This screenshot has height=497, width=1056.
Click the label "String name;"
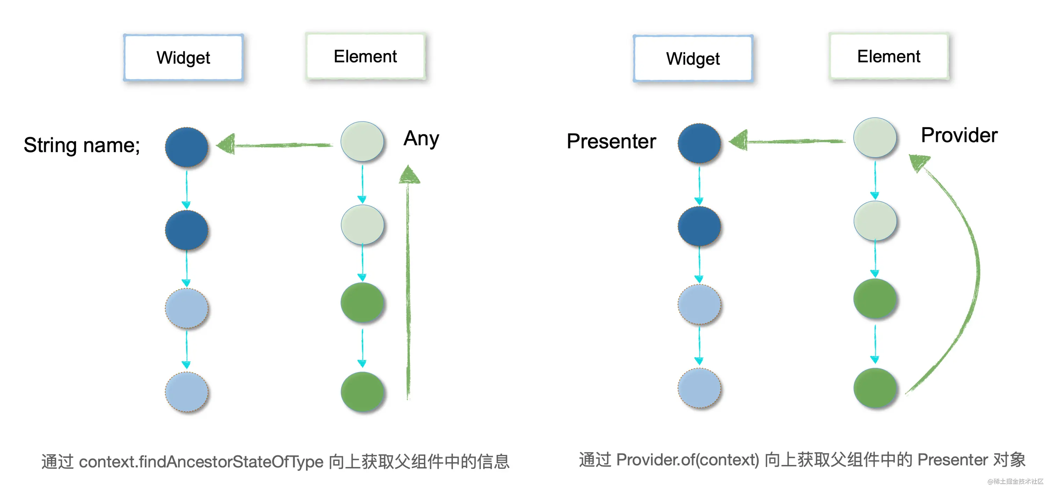point(82,145)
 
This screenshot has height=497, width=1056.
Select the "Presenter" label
point(611,142)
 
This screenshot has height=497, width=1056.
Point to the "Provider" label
point(959,136)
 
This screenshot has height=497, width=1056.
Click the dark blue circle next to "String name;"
point(186,147)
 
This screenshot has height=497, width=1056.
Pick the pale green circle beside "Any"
point(362,141)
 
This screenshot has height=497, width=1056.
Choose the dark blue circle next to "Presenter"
point(699,143)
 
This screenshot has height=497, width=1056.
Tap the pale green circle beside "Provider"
point(875,137)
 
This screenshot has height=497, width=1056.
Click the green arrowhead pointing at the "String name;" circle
point(226,144)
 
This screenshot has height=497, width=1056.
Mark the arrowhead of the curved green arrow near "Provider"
point(918,162)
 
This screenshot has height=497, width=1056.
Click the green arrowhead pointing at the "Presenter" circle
point(739,141)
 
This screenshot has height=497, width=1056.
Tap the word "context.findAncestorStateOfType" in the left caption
point(201,462)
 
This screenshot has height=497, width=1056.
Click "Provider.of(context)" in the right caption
point(688,460)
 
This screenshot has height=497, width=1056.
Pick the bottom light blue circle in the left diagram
point(186,392)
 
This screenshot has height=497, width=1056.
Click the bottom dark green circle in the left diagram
point(362,392)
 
